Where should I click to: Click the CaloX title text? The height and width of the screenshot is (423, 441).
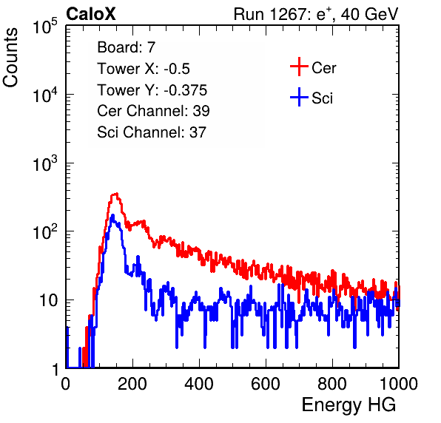(x=91, y=14)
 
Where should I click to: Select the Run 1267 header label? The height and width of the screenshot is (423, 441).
(x=316, y=14)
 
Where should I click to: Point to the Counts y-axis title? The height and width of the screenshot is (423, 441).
(x=10, y=58)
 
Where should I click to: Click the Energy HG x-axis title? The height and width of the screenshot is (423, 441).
(x=349, y=405)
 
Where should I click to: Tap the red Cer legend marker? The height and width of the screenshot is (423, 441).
(x=299, y=67)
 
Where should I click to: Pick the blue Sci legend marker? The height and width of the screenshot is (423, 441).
(x=299, y=97)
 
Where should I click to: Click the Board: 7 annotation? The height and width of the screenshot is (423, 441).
(x=126, y=47)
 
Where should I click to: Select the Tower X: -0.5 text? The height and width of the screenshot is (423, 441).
(x=144, y=69)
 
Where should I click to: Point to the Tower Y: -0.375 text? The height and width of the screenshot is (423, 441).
(x=152, y=90)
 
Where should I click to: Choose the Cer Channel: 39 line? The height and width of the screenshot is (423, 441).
(x=153, y=111)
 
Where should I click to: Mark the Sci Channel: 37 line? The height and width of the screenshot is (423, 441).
(x=152, y=132)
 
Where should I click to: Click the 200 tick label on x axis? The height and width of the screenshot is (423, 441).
(x=132, y=383)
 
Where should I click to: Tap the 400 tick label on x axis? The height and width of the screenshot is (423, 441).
(x=199, y=383)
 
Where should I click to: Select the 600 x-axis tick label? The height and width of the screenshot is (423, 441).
(x=266, y=383)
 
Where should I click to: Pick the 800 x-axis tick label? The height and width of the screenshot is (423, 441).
(x=332, y=383)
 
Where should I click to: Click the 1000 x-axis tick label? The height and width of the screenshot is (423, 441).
(x=399, y=383)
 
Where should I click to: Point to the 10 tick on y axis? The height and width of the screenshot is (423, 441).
(x=48, y=300)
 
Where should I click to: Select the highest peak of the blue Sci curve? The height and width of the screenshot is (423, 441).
(x=112, y=215)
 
